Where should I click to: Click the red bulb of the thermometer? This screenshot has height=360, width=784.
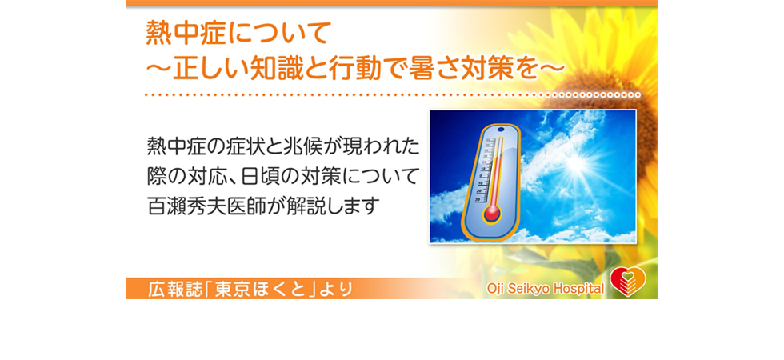coord(491,214)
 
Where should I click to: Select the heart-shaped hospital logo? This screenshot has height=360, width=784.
coord(628,282)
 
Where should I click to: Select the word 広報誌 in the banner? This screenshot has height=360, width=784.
coord(171,290)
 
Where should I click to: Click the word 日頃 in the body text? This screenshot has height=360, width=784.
coord(259,177)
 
